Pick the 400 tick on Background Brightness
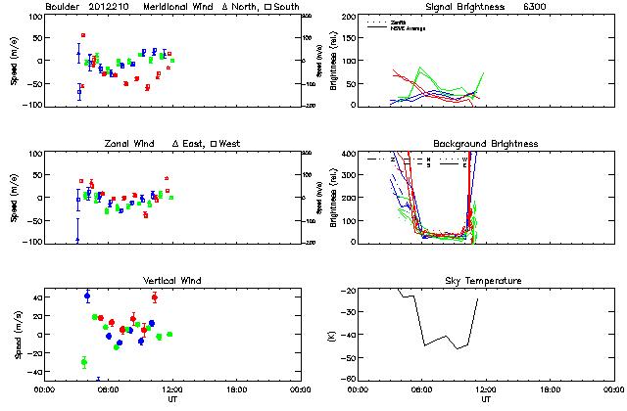click(x=348, y=154)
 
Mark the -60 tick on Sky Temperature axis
click(x=348, y=379)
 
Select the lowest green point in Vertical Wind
click(x=84, y=362)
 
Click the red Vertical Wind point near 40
click(x=155, y=297)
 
